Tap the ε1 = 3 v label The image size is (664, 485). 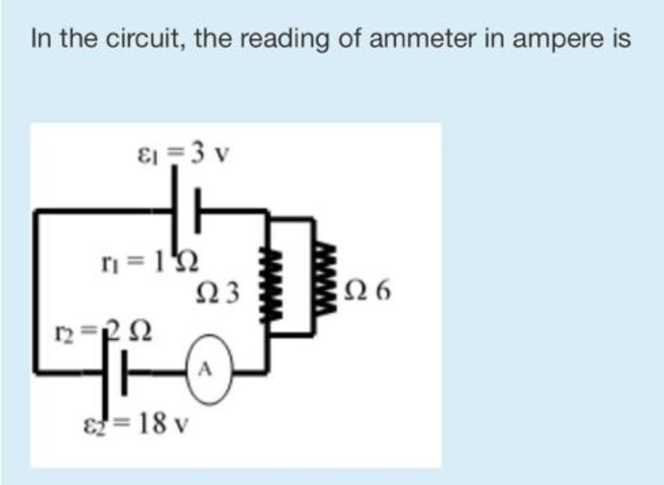click(181, 155)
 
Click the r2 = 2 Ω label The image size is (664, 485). click(105, 329)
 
